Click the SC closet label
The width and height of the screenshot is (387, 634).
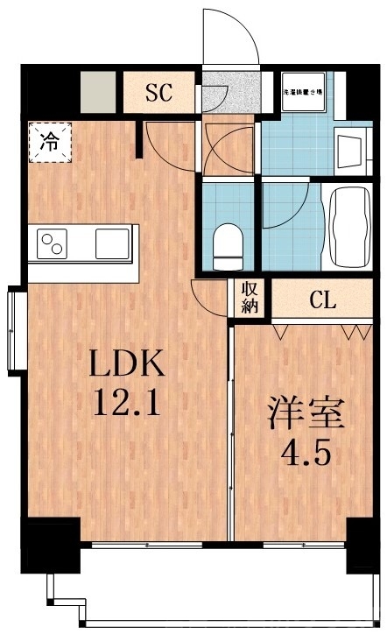click(159, 92)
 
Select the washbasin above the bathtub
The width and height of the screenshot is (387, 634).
click(349, 154)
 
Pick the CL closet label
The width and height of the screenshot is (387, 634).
click(321, 300)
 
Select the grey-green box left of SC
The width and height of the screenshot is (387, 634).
click(96, 91)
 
